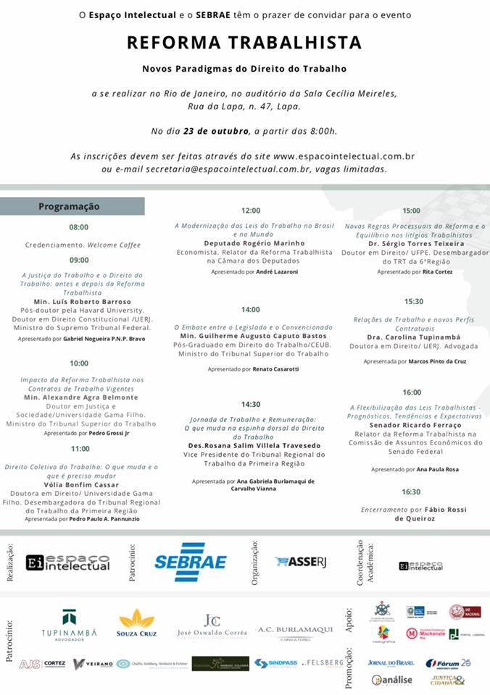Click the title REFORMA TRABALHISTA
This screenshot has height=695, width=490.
pos(244,43)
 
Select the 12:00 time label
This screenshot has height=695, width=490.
pos(251,211)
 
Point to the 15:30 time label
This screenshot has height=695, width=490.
pos(414,301)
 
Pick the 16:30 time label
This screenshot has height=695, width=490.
pos(412,492)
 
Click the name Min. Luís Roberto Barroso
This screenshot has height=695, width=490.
pos(82,301)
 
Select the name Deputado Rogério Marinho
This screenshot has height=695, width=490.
pos(254,243)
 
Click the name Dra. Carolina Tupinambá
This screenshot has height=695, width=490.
pos(414,337)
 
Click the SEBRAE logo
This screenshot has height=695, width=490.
pos(191,562)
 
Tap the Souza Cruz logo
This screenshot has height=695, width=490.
pos(137,624)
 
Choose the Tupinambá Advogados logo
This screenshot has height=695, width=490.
pos(69,625)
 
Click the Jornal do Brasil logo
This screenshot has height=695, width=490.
pos(390,662)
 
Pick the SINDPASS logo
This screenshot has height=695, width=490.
pos(275,663)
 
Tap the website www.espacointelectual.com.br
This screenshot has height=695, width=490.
pos(344,156)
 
